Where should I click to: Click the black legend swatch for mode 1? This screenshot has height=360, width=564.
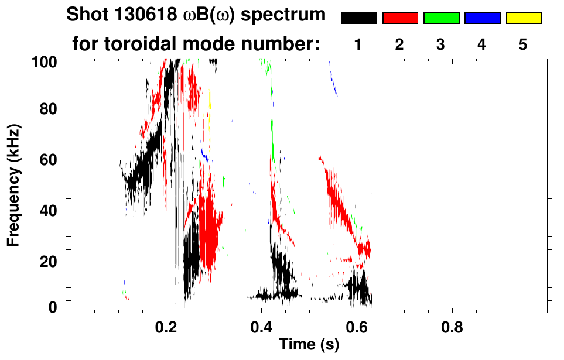(x=359, y=18)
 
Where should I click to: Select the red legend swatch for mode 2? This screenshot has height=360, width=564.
(x=400, y=18)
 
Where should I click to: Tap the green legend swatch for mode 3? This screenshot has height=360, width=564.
(x=441, y=18)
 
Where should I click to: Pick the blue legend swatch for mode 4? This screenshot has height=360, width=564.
(x=482, y=18)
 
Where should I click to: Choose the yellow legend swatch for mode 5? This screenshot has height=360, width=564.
(x=524, y=18)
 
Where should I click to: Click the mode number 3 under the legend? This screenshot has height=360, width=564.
(x=441, y=45)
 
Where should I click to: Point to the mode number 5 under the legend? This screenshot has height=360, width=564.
(x=523, y=45)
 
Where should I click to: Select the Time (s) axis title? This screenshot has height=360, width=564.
(x=308, y=345)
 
